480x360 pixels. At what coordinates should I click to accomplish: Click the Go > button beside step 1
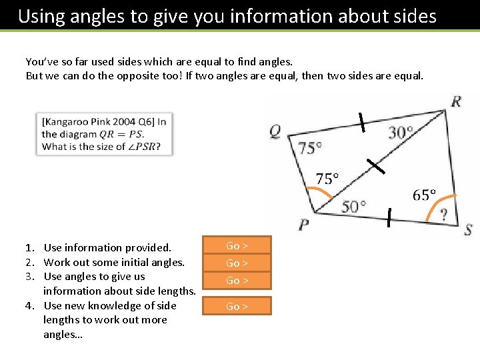click(237, 246)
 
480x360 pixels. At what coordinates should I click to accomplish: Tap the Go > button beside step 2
click(237, 263)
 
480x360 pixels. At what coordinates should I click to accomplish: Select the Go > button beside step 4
click(237, 307)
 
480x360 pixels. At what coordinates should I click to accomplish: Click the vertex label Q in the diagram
click(275, 131)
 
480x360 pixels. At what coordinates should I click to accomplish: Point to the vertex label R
click(456, 102)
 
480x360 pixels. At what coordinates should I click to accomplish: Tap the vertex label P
click(303, 225)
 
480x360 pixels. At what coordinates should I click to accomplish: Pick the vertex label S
click(468, 230)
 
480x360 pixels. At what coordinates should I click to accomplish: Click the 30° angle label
click(401, 133)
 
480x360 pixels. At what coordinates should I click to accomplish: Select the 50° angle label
click(354, 206)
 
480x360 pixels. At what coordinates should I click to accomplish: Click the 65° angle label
click(424, 195)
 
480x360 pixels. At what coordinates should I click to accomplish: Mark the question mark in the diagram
click(444, 214)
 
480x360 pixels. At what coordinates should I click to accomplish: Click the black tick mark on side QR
click(361, 122)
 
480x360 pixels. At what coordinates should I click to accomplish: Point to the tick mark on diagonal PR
click(375, 166)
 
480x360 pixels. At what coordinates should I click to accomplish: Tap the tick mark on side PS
click(389, 214)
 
